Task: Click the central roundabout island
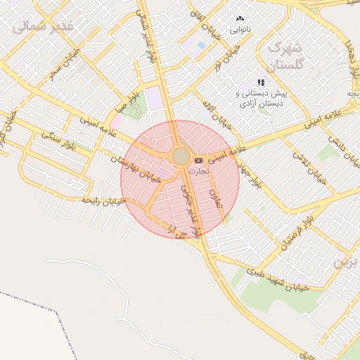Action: (x=181, y=156)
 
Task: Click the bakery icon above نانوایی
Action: (x=240, y=19)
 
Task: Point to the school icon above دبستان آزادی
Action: (x=261, y=82)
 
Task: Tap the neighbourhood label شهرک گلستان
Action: (x=284, y=57)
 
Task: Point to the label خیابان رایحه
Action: (x=103, y=201)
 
